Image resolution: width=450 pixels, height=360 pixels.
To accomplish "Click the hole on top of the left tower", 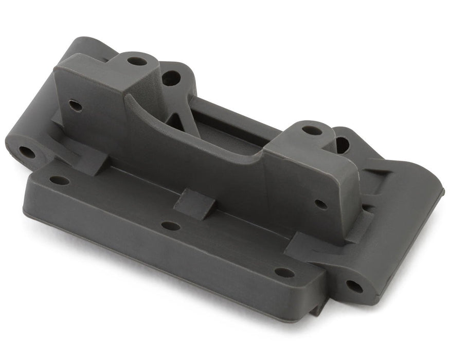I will (x=137, y=61).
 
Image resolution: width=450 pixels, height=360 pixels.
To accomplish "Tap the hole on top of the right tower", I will (x=312, y=131).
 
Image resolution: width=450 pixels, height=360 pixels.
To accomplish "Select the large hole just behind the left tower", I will (x=171, y=78).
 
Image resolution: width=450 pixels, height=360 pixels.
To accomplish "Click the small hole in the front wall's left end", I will (x=76, y=106).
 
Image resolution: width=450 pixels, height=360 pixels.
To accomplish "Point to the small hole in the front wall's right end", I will (x=321, y=204).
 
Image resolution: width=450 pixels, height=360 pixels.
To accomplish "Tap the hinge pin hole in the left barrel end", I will (x=27, y=152).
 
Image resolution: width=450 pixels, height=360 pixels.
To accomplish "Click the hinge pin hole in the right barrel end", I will (x=354, y=285).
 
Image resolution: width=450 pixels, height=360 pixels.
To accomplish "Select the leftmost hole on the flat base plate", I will (x=60, y=181).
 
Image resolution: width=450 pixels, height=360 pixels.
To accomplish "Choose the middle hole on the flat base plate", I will (x=171, y=226).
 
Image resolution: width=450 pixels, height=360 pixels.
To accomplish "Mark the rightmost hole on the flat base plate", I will (x=284, y=272).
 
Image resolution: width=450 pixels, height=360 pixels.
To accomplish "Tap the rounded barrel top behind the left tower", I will (x=87, y=44).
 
